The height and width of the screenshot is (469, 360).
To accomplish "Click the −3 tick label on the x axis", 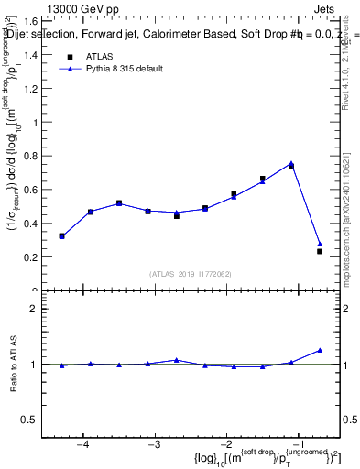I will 155,444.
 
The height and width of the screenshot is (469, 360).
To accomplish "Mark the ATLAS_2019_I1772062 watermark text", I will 191,274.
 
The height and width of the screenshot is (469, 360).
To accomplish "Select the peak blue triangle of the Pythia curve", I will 291,163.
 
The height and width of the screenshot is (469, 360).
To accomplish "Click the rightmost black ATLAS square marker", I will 320,251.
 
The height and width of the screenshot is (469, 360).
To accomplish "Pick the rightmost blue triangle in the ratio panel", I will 320,350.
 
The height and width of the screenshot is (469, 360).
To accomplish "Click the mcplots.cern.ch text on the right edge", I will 352,238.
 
